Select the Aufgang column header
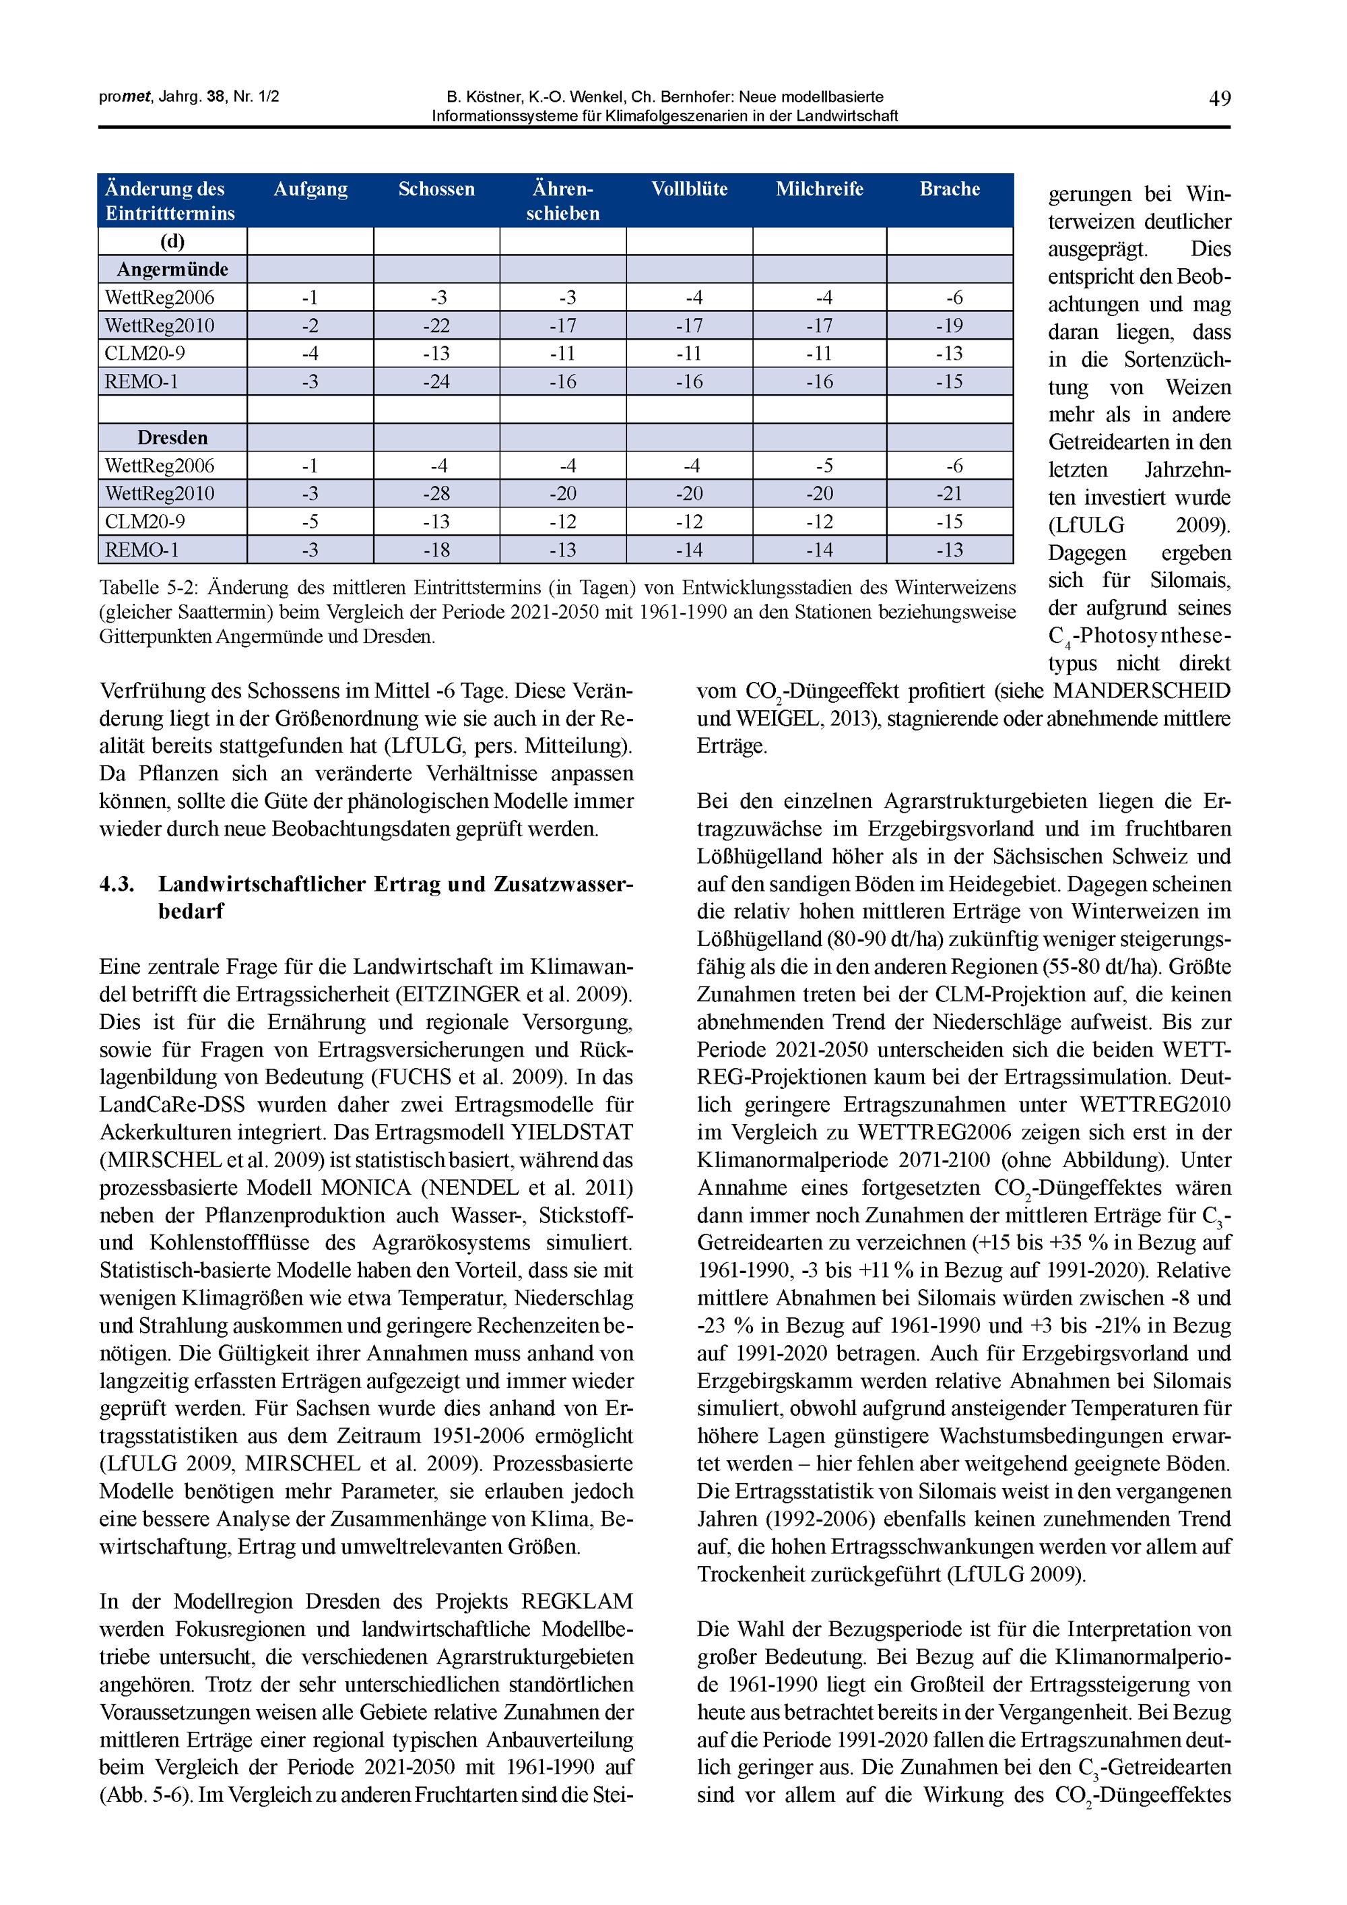pos(310,189)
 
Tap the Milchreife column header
pos(819,189)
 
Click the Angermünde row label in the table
pos(172,270)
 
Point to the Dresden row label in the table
pos(172,437)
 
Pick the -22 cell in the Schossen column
pos(436,325)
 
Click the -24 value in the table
pos(436,381)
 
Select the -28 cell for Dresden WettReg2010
pos(436,494)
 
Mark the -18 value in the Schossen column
pos(436,550)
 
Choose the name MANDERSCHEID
pos(1142,691)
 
